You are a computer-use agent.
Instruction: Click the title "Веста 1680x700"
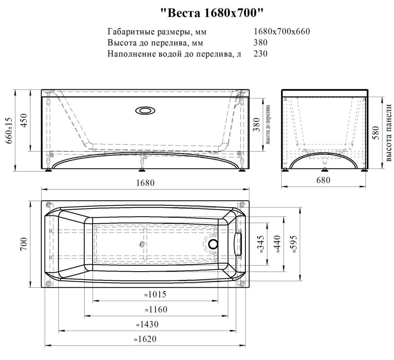tap(212, 13)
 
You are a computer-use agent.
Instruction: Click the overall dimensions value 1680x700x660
tap(282, 32)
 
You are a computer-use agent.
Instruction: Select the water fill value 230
tap(260, 53)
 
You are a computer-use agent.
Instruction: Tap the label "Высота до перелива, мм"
tap(155, 43)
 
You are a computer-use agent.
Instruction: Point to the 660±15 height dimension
tap(10, 130)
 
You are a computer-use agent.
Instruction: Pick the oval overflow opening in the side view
tap(145, 110)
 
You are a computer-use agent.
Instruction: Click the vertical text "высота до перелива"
tap(268, 125)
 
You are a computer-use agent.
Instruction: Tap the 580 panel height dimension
tap(376, 133)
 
